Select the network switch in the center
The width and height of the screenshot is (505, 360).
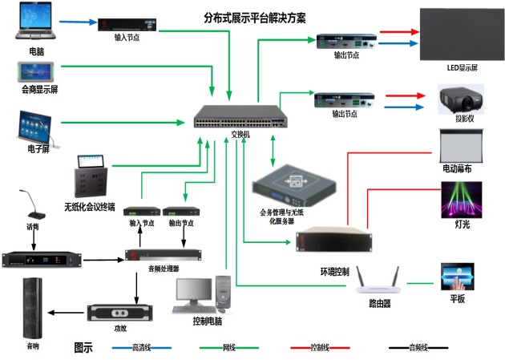(240, 117)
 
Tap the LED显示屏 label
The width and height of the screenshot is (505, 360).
(462, 68)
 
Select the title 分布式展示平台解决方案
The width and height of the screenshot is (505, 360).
(255, 18)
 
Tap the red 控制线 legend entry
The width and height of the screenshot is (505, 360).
(330, 348)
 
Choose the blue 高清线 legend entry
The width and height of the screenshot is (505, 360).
(141, 348)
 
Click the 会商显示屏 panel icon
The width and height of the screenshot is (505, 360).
(36, 71)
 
